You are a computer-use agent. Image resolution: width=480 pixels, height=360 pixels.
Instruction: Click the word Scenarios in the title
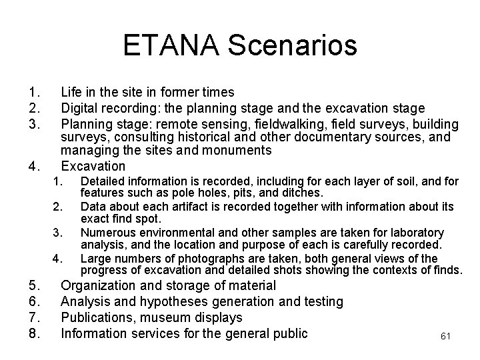tap(293, 45)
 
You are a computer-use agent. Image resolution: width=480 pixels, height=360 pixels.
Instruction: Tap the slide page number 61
tap(446, 337)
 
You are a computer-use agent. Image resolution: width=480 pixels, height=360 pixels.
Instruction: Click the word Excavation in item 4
tap(93, 166)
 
